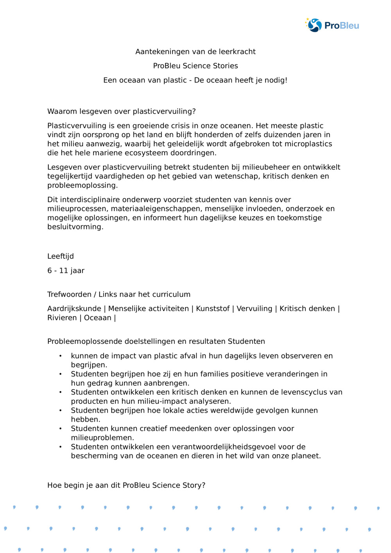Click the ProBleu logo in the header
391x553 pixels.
tap(332, 25)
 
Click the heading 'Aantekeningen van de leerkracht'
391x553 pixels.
tap(195, 52)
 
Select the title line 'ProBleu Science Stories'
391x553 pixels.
tap(195, 66)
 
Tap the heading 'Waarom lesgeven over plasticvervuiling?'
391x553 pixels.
tap(122, 111)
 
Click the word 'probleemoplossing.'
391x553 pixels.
tap(83, 185)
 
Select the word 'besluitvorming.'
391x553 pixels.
tap(75, 227)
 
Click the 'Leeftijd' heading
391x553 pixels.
tap(61, 256)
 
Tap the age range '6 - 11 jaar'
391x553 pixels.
tap(66, 270)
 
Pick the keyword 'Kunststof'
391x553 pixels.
tap(213, 309)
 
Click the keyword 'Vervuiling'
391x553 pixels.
tap(254, 309)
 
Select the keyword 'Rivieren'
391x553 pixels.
tap(62, 318)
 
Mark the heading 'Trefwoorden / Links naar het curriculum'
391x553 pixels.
tap(119, 294)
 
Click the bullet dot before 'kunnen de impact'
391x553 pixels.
tap(60, 356)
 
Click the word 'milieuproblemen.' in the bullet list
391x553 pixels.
tap(102, 438)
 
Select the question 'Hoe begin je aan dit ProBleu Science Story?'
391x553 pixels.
tap(126, 485)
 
